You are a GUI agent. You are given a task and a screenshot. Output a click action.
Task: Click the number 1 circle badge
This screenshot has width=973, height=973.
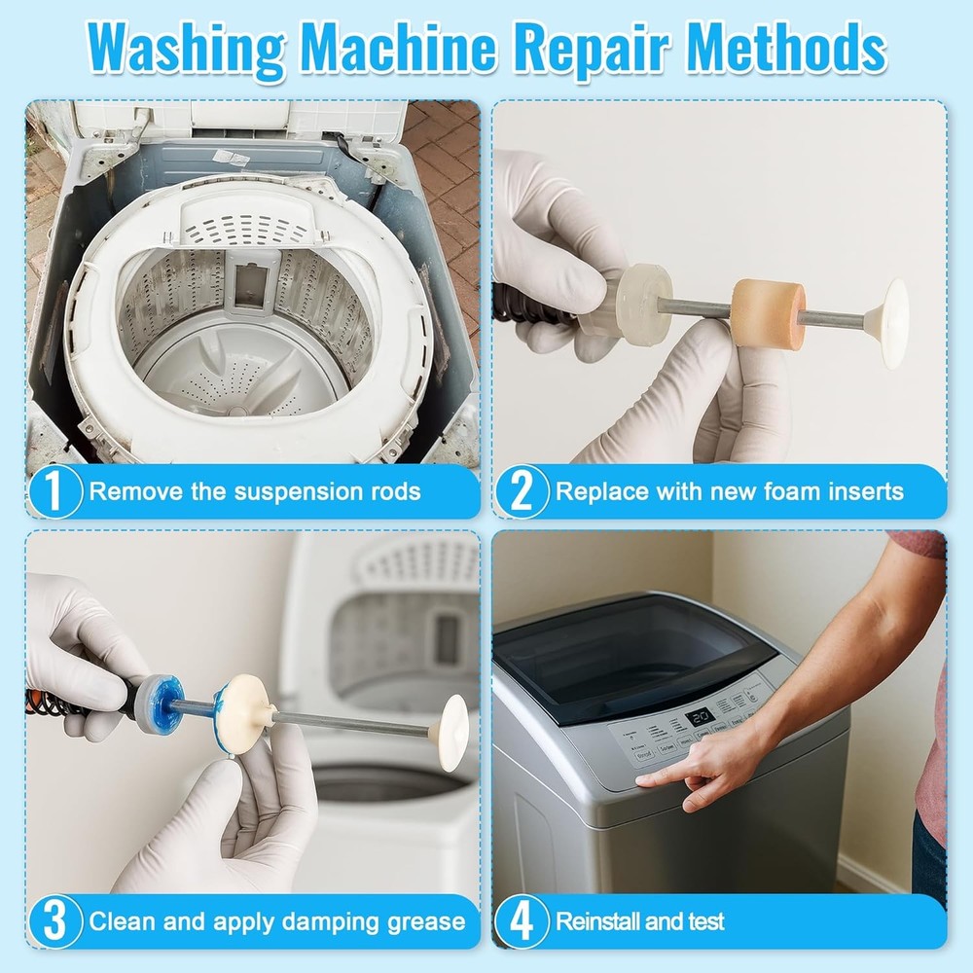tap(54, 490)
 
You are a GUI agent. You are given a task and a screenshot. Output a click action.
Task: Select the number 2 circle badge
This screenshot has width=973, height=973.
tap(522, 490)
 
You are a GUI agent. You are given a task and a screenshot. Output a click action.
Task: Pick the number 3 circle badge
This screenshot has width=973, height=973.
tap(54, 921)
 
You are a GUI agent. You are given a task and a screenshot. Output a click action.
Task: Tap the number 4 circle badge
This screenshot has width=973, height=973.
tap(522, 921)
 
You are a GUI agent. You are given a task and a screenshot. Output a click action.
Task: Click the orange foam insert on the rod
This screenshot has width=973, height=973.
tap(767, 311)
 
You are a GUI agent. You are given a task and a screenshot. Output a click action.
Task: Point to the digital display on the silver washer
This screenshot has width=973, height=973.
tap(701, 719)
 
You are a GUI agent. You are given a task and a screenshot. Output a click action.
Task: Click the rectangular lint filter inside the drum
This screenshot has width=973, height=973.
tap(249, 285)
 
